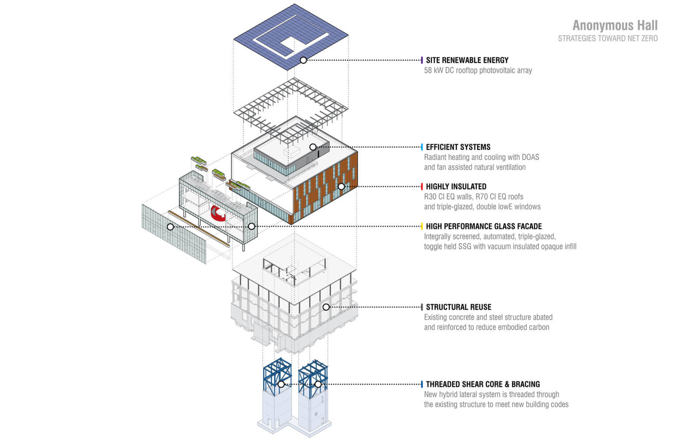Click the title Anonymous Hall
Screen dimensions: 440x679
click(x=615, y=25)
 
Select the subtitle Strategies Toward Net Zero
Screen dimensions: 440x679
click(x=607, y=39)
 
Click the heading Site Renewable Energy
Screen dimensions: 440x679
click(x=467, y=60)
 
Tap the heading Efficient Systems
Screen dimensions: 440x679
click(x=458, y=147)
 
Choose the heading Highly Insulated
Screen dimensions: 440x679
click(x=456, y=186)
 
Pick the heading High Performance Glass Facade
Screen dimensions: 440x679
click(x=484, y=226)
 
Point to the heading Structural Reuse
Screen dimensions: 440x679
click(x=458, y=307)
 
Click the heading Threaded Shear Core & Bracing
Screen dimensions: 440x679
click(x=483, y=384)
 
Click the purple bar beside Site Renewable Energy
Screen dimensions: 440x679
click(x=422, y=60)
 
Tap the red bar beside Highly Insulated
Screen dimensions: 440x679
click(x=422, y=186)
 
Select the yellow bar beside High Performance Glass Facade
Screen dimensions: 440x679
click(x=422, y=226)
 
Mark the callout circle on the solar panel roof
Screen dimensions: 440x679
click(x=303, y=60)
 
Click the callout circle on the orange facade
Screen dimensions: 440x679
click(x=341, y=186)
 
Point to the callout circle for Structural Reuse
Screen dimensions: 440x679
click(x=326, y=307)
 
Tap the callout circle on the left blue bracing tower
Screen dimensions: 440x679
click(x=281, y=384)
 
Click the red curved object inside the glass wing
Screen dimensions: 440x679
click(x=218, y=213)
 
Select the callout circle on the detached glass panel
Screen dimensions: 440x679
click(x=170, y=227)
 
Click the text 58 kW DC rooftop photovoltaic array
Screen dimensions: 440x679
click(x=478, y=70)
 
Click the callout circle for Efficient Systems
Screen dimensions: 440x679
click(x=313, y=147)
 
